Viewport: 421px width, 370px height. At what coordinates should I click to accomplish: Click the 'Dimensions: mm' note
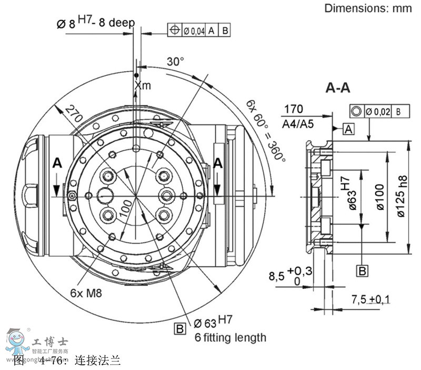click(368, 8)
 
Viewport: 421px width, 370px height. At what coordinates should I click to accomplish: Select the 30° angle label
click(175, 62)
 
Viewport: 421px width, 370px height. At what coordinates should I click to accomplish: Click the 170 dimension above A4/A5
click(293, 109)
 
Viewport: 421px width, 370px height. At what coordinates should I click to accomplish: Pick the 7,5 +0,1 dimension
click(370, 299)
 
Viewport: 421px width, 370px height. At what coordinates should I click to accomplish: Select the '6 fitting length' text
click(230, 337)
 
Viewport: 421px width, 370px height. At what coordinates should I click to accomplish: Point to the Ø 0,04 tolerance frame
click(200, 31)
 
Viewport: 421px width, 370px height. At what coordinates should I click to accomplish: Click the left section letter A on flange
click(57, 164)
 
